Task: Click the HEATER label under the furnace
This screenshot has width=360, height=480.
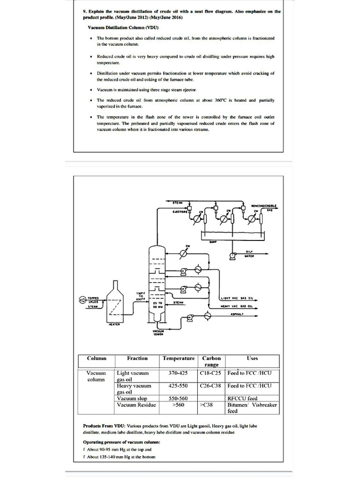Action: point(115,323)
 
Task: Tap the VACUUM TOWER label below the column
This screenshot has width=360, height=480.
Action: point(157,333)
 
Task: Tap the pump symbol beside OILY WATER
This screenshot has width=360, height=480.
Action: point(231,255)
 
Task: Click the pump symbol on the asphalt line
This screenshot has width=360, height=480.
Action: point(190,318)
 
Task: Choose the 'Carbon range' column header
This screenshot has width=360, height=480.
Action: point(211,361)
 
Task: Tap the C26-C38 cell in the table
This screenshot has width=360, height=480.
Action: point(210,386)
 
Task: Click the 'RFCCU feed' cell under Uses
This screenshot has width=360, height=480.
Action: point(242,398)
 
